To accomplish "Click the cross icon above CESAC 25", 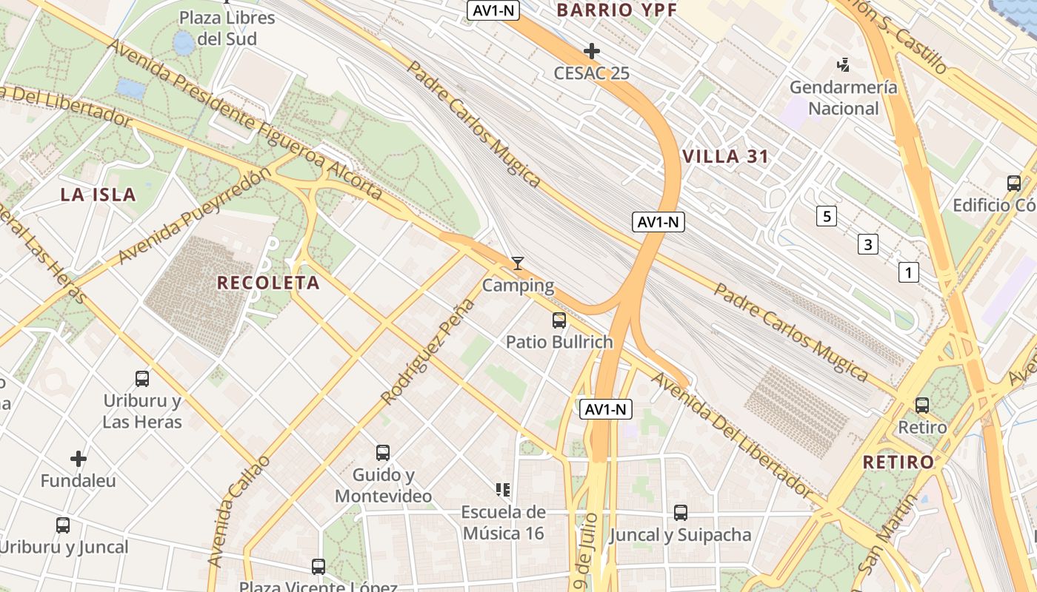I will pos(591,51).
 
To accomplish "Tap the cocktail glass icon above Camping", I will pos(518,263).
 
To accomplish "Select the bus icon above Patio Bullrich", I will pos(559,320).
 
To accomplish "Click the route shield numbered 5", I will pos(827,216).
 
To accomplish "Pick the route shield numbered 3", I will pos(868,243).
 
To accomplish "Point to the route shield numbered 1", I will pos(908,272).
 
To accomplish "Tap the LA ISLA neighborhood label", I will pos(99,195).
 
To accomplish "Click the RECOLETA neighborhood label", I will pos(268,283).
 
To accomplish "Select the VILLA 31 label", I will pos(725,157).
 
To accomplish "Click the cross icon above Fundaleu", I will pos(79,459).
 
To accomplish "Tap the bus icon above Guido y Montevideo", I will pos(382,452).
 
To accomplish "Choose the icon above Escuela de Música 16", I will pos(503,489).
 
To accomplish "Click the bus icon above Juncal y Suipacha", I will pos(680,512).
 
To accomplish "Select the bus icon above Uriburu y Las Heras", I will pos(142,379).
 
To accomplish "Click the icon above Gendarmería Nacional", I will pos(843,66).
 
